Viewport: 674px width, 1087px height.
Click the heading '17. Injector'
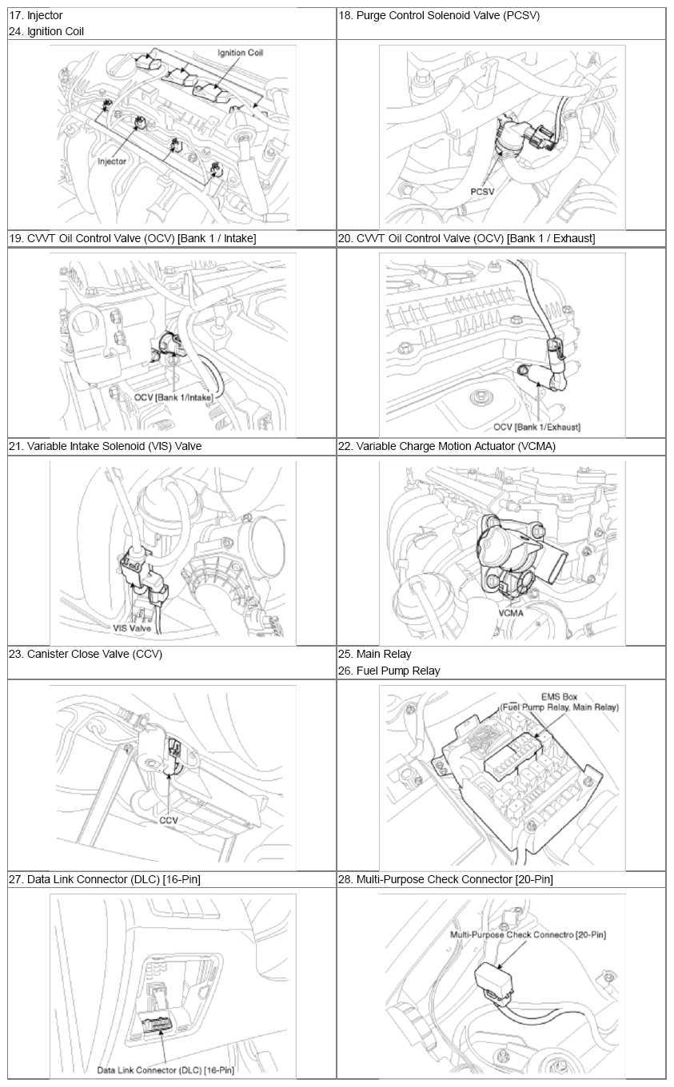(x=36, y=15)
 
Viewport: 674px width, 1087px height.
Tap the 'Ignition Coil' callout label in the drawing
(x=240, y=53)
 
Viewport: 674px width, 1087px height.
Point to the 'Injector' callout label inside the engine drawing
(x=112, y=161)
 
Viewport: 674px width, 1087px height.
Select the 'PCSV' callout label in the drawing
(x=482, y=192)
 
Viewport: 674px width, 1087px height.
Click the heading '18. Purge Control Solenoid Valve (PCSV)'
(x=439, y=15)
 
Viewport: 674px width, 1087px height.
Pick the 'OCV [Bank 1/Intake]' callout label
(x=173, y=397)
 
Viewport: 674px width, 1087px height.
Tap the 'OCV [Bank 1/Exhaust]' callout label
(x=536, y=427)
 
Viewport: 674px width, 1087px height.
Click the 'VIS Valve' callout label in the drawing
(x=132, y=628)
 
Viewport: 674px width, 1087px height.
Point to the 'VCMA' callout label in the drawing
(x=511, y=613)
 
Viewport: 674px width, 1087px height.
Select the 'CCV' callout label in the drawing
(x=169, y=820)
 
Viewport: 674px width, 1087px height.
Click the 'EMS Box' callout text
(x=560, y=697)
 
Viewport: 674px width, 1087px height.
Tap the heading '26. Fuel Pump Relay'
(x=389, y=671)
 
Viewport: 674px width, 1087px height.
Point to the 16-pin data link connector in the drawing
(x=158, y=1024)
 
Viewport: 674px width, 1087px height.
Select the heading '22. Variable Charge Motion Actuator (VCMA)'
(x=447, y=446)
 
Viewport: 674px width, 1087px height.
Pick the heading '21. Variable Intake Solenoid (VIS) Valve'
(x=105, y=446)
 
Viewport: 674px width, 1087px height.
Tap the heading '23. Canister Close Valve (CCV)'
(x=86, y=654)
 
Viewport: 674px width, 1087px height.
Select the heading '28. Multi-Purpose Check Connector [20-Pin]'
(x=445, y=879)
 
